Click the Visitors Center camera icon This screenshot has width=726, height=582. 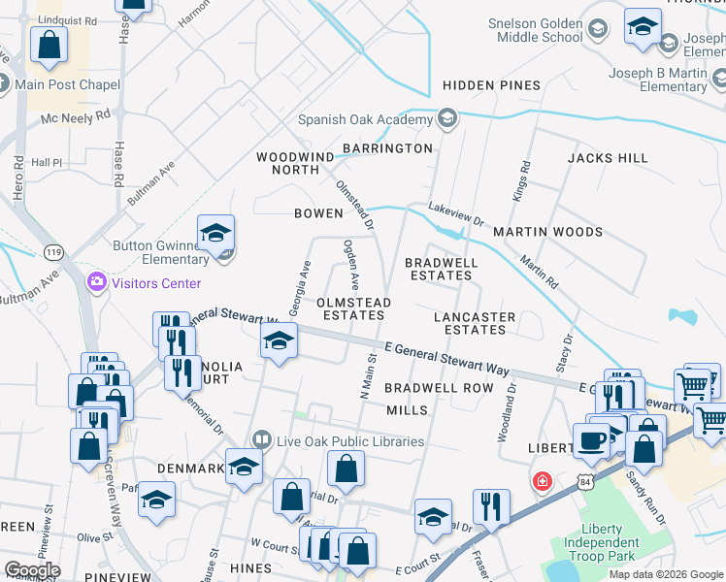[97, 283]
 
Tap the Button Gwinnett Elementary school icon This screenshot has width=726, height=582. [215, 233]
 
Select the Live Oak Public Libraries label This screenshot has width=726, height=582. [348, 441]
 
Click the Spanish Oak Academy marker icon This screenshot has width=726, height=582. [447, 120]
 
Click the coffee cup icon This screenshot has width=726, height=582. [591, 440]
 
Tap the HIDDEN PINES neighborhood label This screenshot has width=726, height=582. [491, 85]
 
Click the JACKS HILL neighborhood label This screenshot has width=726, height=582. [608, 157]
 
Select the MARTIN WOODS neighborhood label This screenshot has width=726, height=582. [547, 232]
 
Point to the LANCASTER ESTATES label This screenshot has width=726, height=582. [475, 323]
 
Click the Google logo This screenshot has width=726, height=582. [31, 570]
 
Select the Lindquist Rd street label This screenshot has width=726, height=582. [63, 19]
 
